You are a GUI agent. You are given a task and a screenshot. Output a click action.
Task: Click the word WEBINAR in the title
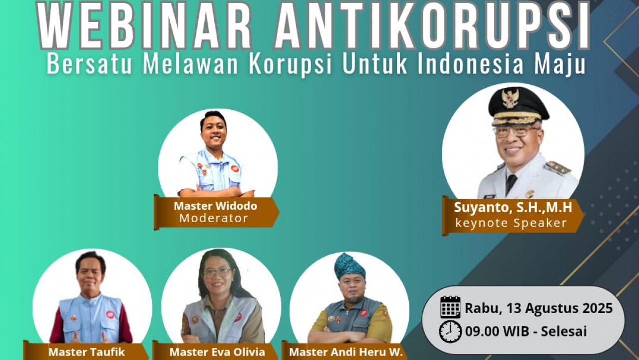point(145,25)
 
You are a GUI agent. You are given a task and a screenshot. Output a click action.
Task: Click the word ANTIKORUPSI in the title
point(432,25)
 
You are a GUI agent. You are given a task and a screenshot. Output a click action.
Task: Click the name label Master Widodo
point(216,206)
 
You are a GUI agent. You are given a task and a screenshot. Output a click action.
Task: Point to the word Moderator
point(214,218)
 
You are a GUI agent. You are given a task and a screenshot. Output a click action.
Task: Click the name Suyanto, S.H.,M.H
point(513,207)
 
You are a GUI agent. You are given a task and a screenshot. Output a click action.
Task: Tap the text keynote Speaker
point(511,223)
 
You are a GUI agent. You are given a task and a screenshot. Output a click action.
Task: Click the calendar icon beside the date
point(450,307)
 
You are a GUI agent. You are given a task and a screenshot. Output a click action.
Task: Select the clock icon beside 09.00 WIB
point(450,332)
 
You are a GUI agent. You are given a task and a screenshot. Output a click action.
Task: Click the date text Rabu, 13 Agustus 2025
point(539,309)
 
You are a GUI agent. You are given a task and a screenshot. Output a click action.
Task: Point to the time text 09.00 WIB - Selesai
point(526,332)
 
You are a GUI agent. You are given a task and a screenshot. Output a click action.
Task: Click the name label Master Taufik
point(87,352)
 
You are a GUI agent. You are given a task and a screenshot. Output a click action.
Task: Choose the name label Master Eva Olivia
point(217,352)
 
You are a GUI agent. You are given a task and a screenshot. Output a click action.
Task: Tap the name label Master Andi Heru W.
point(346,352)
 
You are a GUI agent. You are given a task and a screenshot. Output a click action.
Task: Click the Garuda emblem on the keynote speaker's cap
point(510,98)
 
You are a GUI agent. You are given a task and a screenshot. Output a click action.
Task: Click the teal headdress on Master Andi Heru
point(349,266)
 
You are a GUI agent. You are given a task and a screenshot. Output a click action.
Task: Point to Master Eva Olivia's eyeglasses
point(217,273)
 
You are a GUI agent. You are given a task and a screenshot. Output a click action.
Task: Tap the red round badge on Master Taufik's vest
point(110,315)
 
